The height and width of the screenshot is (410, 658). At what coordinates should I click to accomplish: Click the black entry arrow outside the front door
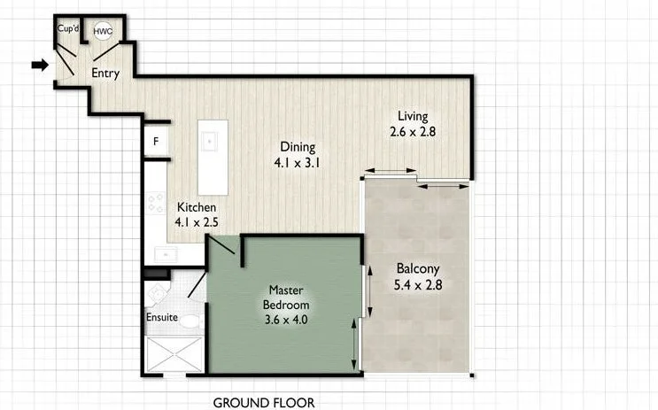39,65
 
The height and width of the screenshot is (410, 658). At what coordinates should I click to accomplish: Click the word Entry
105,73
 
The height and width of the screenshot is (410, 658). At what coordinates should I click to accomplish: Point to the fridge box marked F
157,141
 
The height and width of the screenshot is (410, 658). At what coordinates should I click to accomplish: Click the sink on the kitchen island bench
211,140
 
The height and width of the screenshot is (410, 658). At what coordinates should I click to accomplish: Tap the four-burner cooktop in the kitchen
155,205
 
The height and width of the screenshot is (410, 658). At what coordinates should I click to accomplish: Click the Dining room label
298,147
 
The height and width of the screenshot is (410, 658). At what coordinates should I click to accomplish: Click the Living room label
413,116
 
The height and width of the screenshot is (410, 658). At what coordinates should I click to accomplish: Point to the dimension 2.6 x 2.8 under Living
413,132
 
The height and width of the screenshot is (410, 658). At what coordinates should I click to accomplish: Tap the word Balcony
417,269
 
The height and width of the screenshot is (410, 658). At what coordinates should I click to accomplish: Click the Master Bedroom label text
286,298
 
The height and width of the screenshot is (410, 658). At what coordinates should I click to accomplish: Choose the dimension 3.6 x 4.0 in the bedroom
286,320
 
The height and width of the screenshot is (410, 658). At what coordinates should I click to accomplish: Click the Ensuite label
162,317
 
